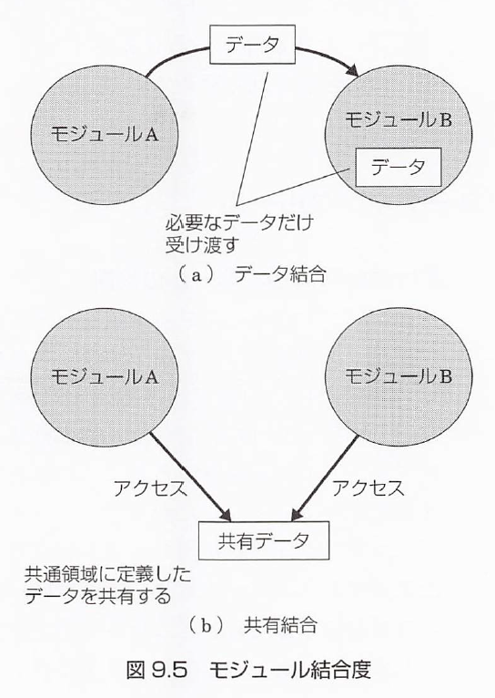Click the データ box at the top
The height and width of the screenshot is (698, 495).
[252, 45]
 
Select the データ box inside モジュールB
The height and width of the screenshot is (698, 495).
[398, 167]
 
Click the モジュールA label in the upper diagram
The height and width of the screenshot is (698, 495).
[105, 134]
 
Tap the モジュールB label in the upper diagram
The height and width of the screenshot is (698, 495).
[399, 119]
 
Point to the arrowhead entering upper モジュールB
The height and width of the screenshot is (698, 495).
[353, 71]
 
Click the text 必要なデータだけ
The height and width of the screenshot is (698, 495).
[239, 222]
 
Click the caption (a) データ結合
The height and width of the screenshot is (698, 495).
[252, 274]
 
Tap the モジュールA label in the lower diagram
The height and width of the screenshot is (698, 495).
[105, 376]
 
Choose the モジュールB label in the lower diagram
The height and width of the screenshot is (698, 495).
[399, 376]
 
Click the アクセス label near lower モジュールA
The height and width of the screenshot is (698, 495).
[150, 488]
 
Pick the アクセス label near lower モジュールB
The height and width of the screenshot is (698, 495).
[369, 488]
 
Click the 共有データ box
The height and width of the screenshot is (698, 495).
[264, 540]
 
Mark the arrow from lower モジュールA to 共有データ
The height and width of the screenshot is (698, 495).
[190, 477]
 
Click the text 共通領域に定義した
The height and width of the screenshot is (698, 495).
[107, 575]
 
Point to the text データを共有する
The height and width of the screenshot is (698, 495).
[97, 596]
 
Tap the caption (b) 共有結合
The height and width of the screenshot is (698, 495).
[252, 626]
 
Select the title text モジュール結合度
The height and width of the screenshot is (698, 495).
[289, 670]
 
